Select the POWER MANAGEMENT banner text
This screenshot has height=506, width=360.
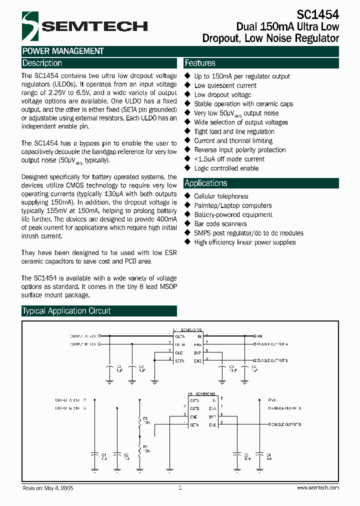pos(63,51)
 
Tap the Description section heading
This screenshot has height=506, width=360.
pos(42,63)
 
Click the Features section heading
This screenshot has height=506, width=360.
pos(200,63)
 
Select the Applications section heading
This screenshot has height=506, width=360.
pos(206,183)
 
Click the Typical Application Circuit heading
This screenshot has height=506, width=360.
pos(66,311)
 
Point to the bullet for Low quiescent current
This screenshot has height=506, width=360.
pos(188,85)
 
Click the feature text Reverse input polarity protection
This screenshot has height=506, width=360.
pos(240,150)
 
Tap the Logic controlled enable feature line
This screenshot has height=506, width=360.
pos(226,168)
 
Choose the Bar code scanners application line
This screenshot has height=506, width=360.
pos(220,224)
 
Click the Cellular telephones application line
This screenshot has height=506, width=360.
pos(221,196)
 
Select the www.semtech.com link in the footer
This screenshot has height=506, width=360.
pos(318,488)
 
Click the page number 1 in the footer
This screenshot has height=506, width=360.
pos(179,487)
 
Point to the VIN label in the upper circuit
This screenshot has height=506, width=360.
pos(259,336)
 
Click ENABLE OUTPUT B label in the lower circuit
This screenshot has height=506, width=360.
pos(286,424)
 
